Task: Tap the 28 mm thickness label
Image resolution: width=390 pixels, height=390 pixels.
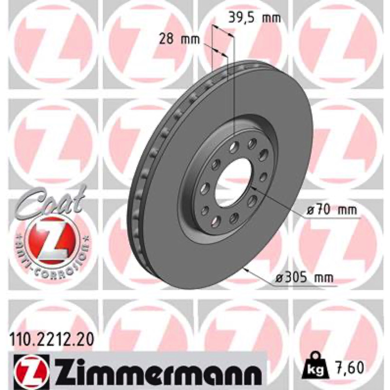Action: (x=179, y=39)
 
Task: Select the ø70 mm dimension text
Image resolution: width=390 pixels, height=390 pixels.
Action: (x=331, y=211)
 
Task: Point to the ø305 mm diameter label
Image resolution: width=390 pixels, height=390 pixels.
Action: (x=304, y=277)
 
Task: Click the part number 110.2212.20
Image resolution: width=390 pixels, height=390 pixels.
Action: (x=52, y=339)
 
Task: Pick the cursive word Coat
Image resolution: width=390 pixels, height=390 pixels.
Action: (x=51, y=201)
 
